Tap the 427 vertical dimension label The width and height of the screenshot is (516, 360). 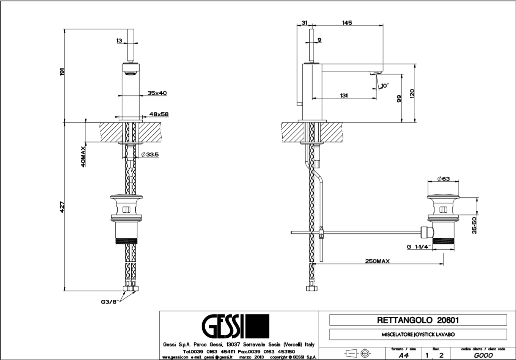(x=62, y=206)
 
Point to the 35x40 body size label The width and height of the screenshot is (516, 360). (x=157, y=93)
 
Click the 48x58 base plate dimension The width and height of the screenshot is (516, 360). (x=159, y=114)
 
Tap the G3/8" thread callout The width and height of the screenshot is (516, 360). (x=110, y=302)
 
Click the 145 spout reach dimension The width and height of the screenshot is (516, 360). (x=347, y=23)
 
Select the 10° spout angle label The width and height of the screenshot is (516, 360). (x=385, y=86)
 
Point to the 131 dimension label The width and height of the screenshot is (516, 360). (x=343, y=96)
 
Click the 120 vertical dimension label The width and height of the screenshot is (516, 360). (x=412, y=93)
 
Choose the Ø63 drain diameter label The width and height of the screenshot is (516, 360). (x=443, y=179)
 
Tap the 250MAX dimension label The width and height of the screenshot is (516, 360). (x=377, y=261)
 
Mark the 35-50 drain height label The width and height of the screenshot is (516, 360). (x=474, y=225)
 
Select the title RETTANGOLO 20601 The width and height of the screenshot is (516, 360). (x=418, y=320)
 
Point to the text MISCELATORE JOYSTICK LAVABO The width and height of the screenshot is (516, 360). (x=418, y=335)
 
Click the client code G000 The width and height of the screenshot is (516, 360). (x=483, y=355)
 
